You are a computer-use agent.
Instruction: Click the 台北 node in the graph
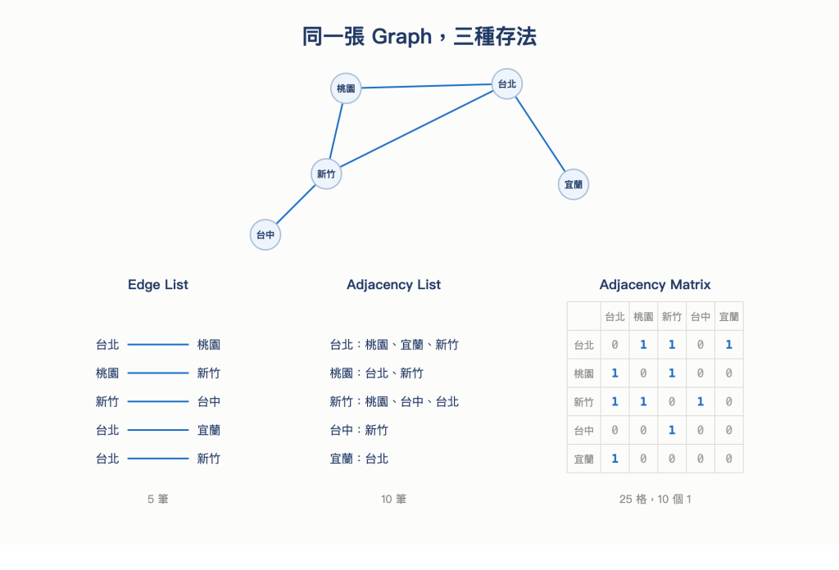tap(506, 84)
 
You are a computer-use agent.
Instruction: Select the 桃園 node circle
tap(346, 88)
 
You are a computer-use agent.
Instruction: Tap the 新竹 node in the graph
tap(326, 174)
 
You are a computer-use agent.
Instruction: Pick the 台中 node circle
tap(265, 235)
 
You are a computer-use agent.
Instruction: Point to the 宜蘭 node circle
tap(574, 184)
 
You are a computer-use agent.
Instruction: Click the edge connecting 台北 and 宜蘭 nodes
tap(540, 134)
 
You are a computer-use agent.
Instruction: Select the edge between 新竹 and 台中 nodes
tap(296, 204)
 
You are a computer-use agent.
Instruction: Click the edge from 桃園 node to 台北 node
tap(426, 86)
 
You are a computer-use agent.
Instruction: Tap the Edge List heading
tap(158, 284)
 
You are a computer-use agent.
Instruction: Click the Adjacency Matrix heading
tap(655, 284)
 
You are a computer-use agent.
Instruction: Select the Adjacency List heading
tap(394, 284)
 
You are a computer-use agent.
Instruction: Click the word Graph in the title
tap(401, 36)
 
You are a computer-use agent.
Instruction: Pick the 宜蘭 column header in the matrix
tap(728, 317)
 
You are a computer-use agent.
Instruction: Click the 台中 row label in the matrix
tap(583, 431)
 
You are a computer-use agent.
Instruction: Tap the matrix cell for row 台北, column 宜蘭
tap(728, 345)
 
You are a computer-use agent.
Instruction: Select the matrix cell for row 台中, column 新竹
tap(672, 431)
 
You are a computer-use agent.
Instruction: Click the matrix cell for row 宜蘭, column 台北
tap(615, 459)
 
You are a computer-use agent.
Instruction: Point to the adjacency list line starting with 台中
tap(359, 431)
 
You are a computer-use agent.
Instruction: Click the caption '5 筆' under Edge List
tap(158, 499)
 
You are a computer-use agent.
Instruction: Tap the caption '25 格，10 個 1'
tap(655, 499)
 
